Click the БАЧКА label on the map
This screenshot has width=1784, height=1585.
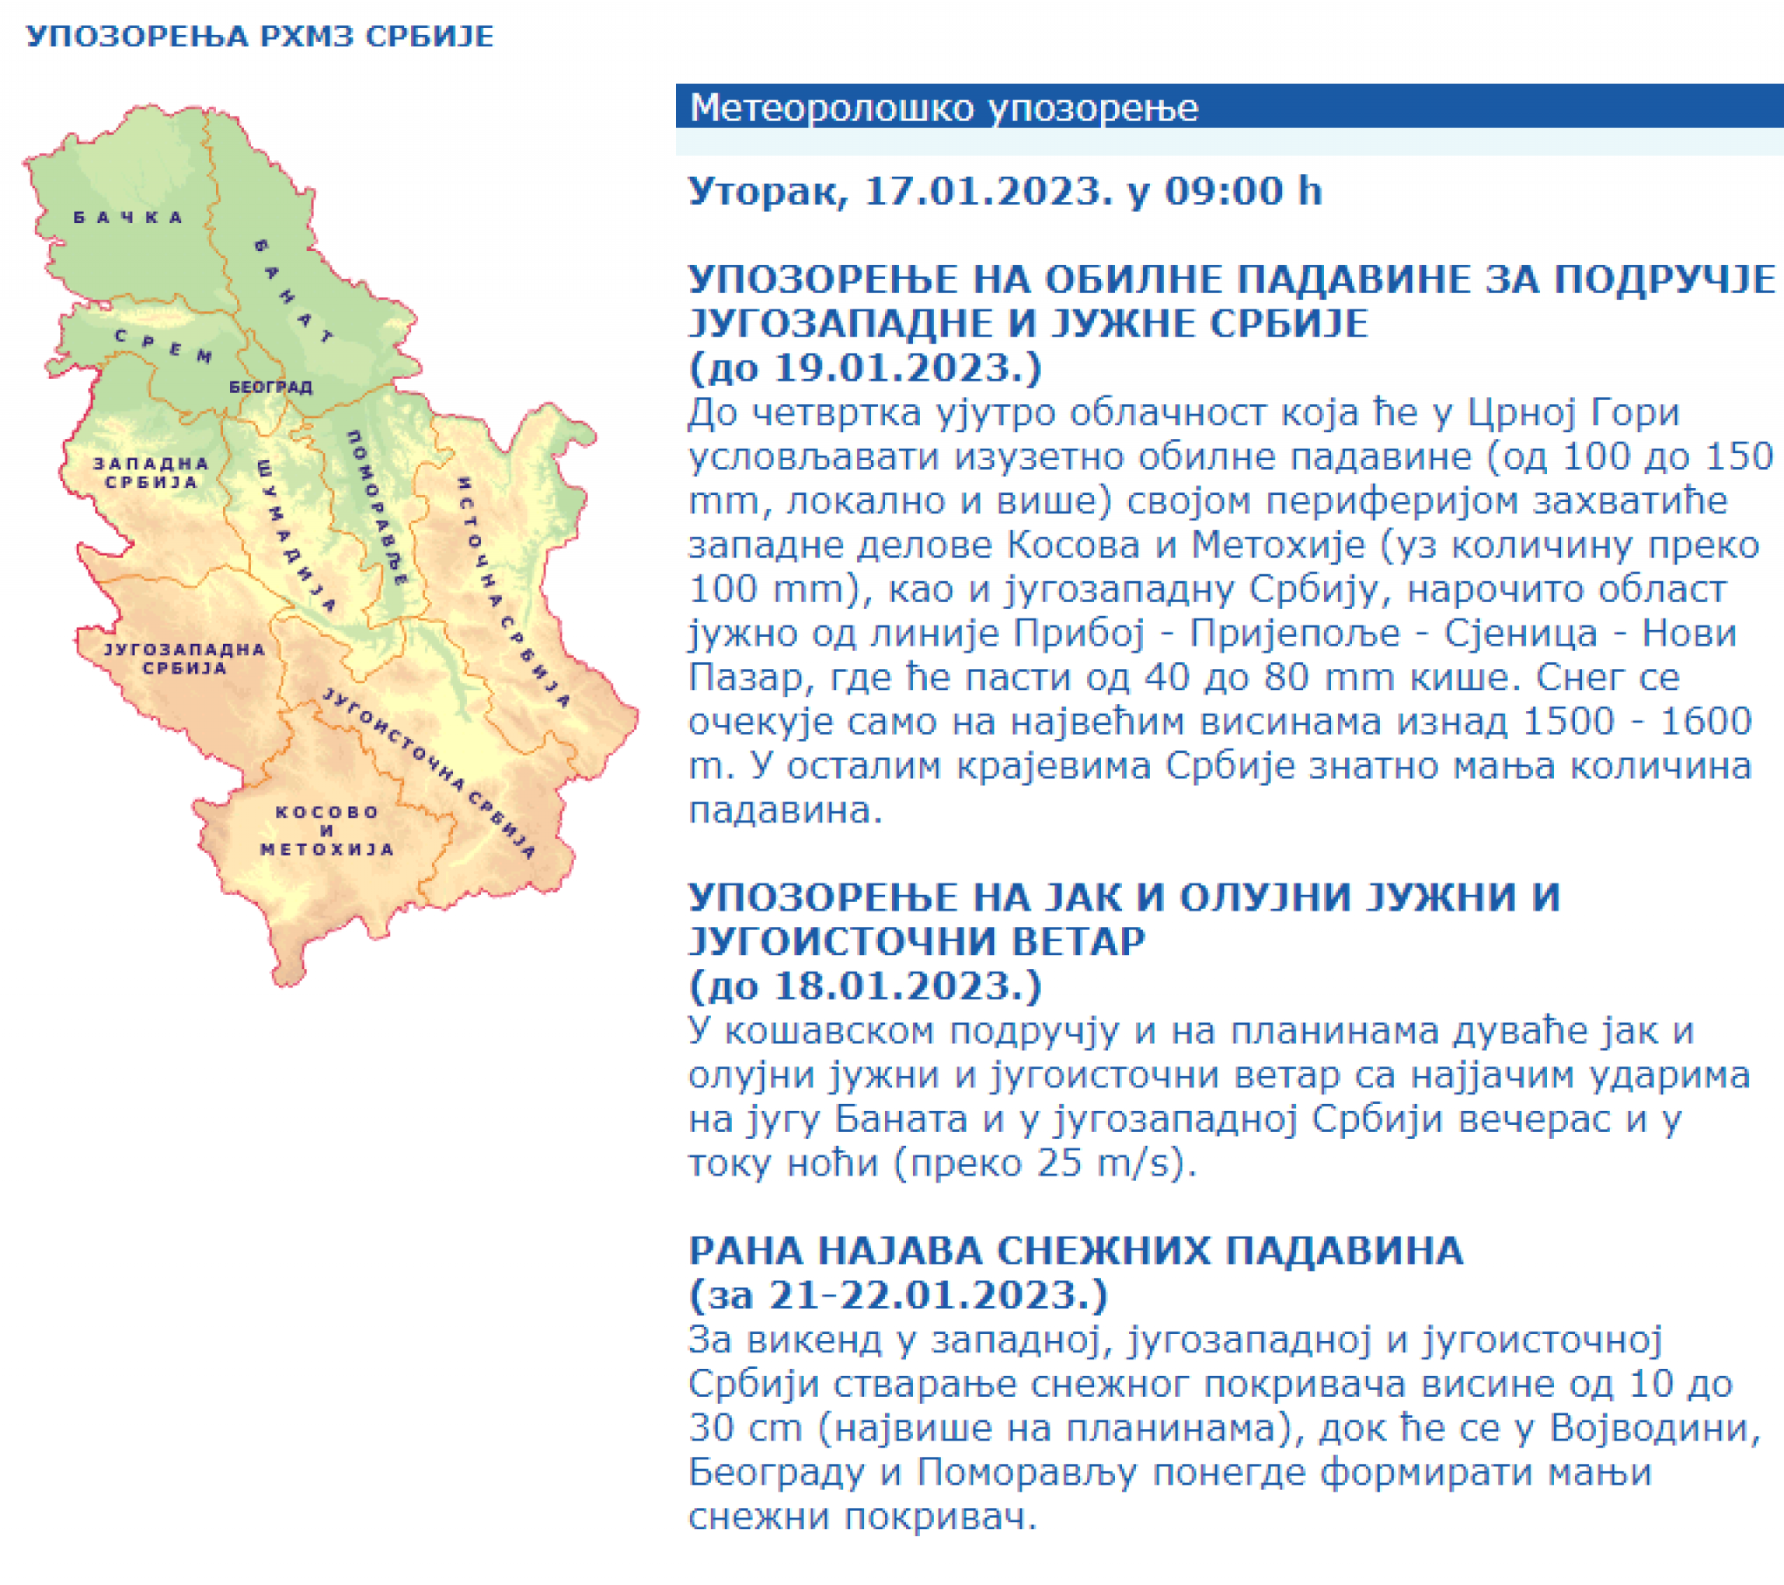(x=127, y=218)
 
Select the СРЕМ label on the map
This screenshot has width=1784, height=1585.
(x=163, y=346)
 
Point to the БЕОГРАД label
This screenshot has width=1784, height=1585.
(x=271, y=386)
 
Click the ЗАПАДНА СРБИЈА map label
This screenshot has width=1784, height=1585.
(x=152, y=472)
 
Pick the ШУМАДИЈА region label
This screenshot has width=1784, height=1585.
(x=296, y=534)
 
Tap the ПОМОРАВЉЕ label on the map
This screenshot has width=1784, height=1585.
(x=377, y=506)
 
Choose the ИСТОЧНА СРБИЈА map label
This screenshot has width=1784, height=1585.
(x=513, y=591)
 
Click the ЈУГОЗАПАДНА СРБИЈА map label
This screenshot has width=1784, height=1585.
(x=184, y=659)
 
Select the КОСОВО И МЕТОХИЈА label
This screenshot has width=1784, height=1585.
(x=328, y=830)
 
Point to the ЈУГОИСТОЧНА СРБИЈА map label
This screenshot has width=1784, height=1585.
(x=429, y=773)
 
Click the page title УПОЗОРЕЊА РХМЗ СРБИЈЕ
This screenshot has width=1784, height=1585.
(x=260, y=37)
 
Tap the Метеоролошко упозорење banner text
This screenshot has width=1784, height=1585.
(x=943, y=108)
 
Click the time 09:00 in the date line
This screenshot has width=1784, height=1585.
(x=1220, y=191)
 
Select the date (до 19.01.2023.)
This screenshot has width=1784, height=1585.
(x=865, y=368)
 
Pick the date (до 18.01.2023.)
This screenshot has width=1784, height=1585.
(x=865, y=986)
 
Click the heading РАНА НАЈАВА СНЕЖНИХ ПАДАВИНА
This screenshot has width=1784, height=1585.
(x=1076, y=1250)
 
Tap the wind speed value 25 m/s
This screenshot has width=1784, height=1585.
(x=1104, y=1163)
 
